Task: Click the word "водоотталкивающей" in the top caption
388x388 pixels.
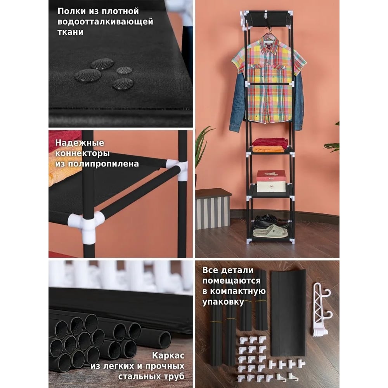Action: click(105, 22)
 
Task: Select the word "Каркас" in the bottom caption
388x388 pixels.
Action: click(168, 355)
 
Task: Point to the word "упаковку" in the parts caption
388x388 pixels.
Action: click(223, 302)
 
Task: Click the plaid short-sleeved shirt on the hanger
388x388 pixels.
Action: click(269, 79)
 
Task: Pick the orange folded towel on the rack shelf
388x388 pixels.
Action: click(269, 149)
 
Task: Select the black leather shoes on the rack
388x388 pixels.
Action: click(271, 221)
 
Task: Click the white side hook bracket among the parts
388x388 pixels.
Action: click(322, 309)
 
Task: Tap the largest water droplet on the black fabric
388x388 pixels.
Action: click(88, 75)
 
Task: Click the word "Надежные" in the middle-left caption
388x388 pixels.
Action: click(80, 143)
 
